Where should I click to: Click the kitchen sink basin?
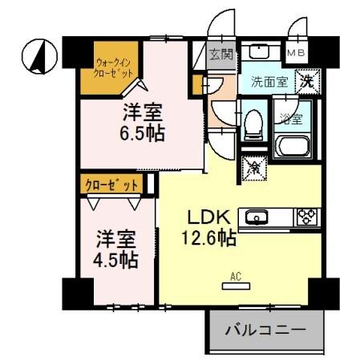point(257,216)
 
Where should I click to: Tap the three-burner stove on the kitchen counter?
point(308,216)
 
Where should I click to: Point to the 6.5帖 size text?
point(144,133)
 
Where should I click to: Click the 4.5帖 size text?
point(117,261)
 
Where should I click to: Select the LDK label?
point(210,217)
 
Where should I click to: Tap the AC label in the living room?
point(236,278)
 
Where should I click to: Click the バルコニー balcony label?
point(265,331)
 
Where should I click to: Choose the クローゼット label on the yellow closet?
point(112,185)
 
